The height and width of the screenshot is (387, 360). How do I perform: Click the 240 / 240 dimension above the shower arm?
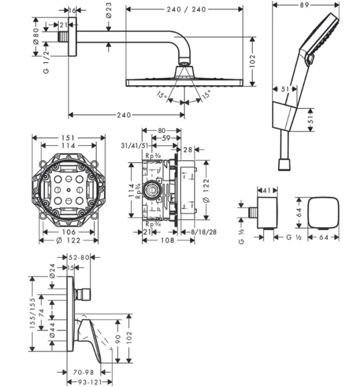point(184,9)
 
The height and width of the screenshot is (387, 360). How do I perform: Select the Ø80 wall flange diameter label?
point(36,34)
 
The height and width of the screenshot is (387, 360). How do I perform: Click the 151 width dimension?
point(68,137)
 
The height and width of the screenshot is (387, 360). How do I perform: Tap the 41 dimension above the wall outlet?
point(268,191)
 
